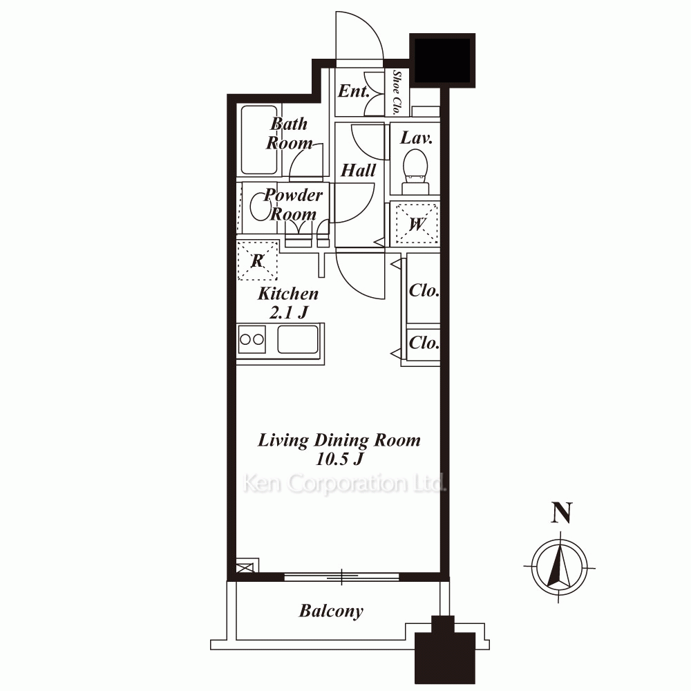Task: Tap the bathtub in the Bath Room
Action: tap(260, 140)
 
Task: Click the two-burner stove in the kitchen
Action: tap(252, 339)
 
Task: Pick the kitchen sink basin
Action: tap(298, 339)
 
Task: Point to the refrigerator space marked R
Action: tap(257, 261)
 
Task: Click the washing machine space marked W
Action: tap(416, 224)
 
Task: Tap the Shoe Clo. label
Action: tap(397, 93)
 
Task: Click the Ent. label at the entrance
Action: tap(353, 91)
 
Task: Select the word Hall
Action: tap(358, 170)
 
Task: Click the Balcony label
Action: tap(332, 612)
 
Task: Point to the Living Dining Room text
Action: tap(339, 440)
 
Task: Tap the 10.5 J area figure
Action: tap(339, 460)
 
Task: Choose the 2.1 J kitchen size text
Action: tap(289, 312)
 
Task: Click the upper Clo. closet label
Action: tap(424, 290)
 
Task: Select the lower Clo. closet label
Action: tap(424, 343)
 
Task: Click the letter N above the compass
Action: tap(561, 513)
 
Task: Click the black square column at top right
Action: tap(442, 60)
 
